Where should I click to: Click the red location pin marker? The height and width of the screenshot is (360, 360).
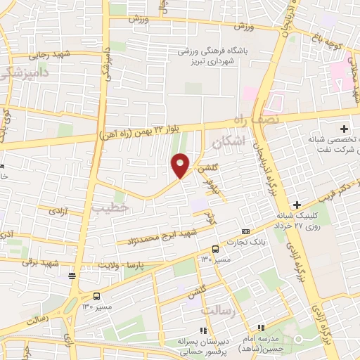pos(181,166)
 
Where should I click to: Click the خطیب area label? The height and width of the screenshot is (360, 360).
pos(110,207)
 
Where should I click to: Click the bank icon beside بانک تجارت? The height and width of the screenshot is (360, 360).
pos(245,231)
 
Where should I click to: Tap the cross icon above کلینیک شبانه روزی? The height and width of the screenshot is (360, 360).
pos(297,205)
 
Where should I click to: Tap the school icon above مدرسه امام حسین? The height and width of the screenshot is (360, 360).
pos(261,328)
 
